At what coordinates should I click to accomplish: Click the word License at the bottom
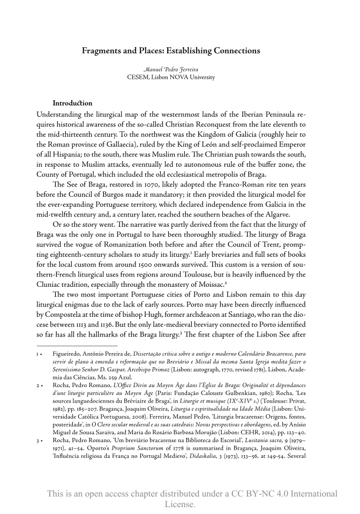(179, 504)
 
